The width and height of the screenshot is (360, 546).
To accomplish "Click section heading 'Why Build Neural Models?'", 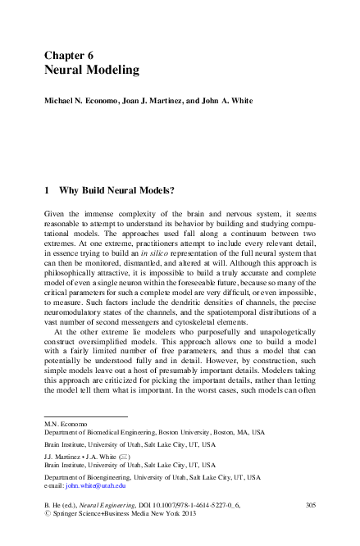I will [x=116, y=190].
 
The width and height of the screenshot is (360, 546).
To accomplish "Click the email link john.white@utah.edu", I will [x=97, y=485].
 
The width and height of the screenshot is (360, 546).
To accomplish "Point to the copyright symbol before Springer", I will [x=47, y=517].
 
